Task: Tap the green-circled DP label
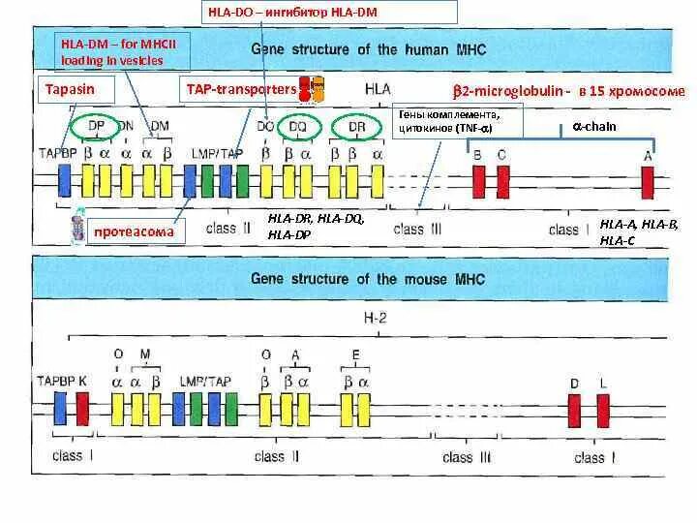point(97,127)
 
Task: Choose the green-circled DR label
point(356,127)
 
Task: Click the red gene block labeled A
point(647,181)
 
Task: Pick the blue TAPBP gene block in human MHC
point(64,181)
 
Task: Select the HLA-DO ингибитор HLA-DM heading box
point(329,13)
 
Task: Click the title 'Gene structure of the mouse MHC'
point(368,279)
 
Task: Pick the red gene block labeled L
point(602,407)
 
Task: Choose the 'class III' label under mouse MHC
point(468,457)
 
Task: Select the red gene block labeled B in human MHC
point(478,181)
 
